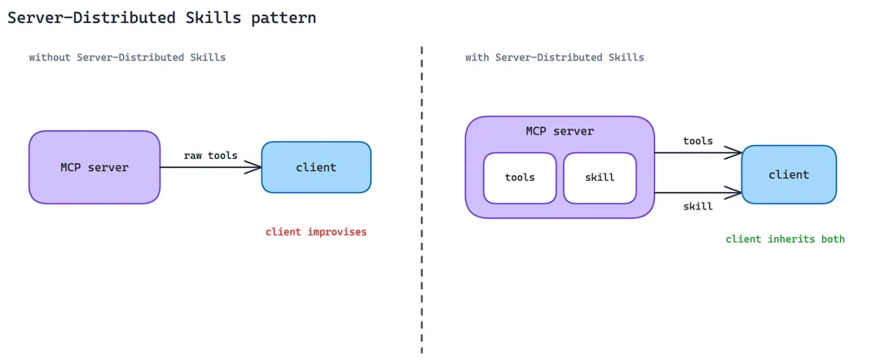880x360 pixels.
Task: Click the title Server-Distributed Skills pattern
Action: tap(161, 18)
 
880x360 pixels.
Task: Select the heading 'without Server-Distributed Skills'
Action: tap(127, 57)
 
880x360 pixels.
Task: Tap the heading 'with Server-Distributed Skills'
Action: tap(555, 57)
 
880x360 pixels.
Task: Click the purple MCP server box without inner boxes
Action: tap(95, 167)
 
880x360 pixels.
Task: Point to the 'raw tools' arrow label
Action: tap(210, 156)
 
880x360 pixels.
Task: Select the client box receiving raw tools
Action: tap(316, 167)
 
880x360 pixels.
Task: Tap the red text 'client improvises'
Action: tap(316, 231)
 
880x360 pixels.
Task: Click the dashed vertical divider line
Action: tap(421, 200)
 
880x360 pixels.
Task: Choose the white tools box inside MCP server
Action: tap(520, 178)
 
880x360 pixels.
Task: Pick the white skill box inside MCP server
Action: tap(600, 178)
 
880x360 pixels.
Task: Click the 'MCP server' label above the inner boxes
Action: tap(560, 132)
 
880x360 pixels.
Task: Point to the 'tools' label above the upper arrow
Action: tap(697, 141)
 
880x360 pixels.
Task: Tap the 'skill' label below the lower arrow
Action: tap(697, 206)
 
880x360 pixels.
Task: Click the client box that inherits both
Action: tap(789, 174)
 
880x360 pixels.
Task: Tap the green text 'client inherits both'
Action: tap(785, 239)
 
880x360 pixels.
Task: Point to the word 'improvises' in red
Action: tap(337, 231)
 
